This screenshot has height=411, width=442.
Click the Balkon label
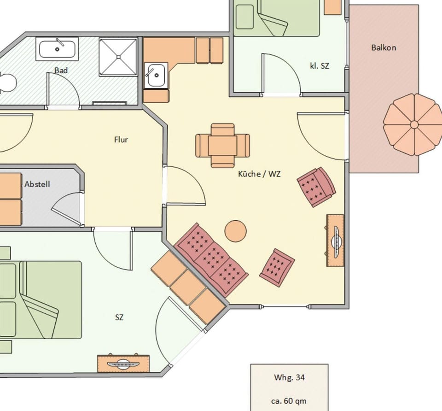pos(384,47)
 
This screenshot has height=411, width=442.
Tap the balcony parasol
pos(414,124)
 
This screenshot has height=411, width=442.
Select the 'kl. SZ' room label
pos(320,66)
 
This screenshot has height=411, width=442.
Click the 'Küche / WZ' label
pos(259,174)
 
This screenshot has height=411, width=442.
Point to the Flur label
pos(121,140)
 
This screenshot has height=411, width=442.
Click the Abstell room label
pos(37,184)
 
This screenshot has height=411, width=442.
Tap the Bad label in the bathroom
pos(61,70)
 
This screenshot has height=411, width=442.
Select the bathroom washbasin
pos(58,48)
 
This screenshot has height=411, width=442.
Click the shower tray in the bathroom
pos(118,56)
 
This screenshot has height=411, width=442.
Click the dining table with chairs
pos(223,145)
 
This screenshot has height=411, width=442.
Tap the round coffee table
pos(235,230)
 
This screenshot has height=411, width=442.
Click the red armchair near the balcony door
pos(316,187)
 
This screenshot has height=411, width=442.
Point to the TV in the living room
pos(336,241)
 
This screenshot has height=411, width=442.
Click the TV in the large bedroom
pos(123,364)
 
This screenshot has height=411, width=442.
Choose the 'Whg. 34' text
pos(289,378)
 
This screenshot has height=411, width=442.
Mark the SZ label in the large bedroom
pos(119,317)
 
